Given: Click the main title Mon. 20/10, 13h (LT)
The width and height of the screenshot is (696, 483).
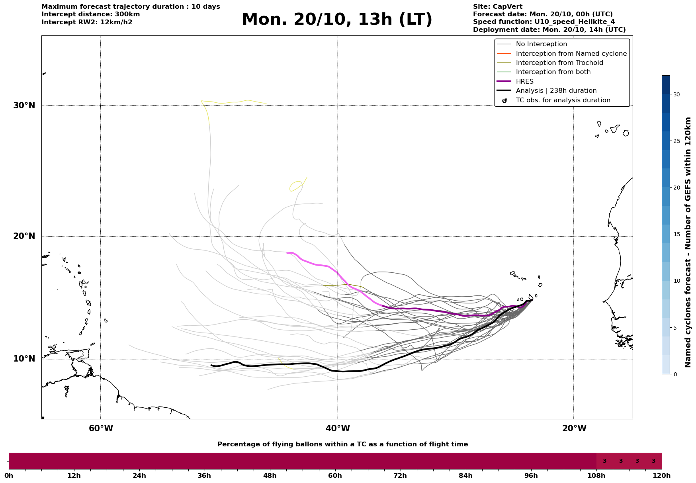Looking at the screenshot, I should point(337,20).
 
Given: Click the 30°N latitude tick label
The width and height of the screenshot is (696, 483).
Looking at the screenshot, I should point(24,106).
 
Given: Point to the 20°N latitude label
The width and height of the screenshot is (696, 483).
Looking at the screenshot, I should point(24,236).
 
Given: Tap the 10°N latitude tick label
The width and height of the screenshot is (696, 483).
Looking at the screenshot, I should point(24,359).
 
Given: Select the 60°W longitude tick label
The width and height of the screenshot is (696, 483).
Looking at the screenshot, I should point(101,428).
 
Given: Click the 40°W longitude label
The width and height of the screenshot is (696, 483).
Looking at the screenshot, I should point(338,428).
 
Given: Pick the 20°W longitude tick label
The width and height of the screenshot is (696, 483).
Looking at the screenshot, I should point(574,428).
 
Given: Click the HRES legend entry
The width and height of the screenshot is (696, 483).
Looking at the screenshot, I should point(524,82).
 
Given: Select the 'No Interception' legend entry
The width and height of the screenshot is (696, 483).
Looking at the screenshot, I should point(541,44).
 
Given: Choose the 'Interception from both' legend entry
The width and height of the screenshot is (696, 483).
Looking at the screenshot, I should point(553,72).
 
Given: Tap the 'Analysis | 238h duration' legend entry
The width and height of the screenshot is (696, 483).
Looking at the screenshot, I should point(556,91).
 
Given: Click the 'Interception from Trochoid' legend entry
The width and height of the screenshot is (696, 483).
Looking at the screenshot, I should point(559,63).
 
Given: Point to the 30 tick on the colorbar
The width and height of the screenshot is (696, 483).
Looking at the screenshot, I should point(676,94).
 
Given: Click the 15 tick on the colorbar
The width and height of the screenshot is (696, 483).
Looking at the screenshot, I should point(676,234).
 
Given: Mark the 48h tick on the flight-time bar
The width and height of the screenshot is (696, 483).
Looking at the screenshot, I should point(270,475).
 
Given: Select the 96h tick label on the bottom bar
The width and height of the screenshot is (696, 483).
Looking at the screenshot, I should point(531,475).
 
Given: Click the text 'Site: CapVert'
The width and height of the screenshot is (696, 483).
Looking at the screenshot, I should point(497,7).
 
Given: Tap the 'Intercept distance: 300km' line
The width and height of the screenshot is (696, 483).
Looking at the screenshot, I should point(90,14).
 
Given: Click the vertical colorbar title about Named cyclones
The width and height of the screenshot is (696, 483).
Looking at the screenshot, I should point(688,242).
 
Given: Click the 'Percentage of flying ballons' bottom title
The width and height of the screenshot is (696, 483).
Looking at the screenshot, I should point(342,444).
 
